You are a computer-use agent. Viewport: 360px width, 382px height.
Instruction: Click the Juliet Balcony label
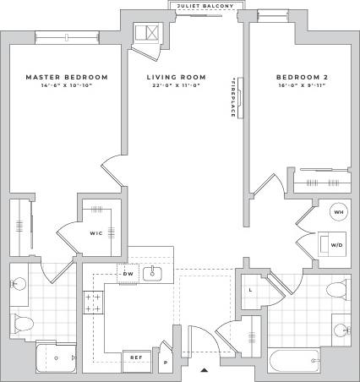tap(200, 6)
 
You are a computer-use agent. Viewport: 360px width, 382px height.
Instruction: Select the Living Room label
tap(179, 77)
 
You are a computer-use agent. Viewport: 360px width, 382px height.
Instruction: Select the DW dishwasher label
tap(128, 274)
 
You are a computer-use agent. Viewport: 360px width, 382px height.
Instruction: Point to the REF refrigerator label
tap(135, 357)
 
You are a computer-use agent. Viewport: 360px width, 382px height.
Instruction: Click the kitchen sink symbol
tap(154, 273)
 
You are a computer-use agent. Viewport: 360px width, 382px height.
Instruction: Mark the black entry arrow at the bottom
tap(203, 369)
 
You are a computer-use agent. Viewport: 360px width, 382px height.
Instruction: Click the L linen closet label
tap(251, 291)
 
